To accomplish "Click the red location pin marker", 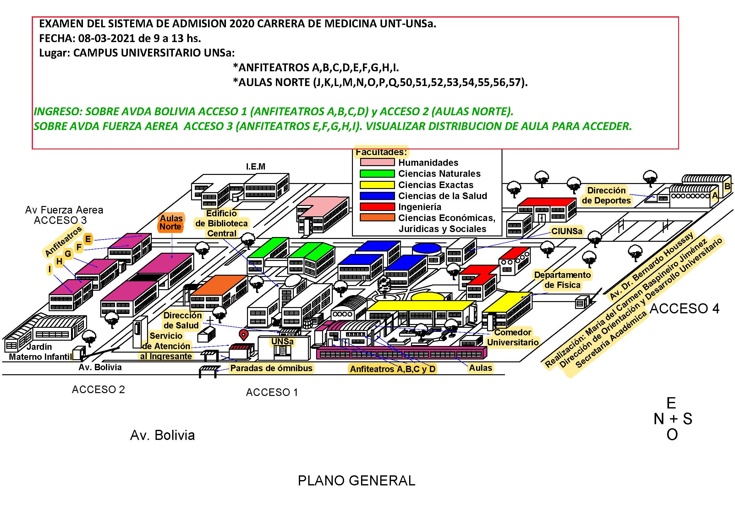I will coord(244,335).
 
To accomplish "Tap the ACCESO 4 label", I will coord(684,309).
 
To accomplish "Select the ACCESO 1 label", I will coord(272,392).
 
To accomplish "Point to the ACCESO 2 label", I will coord(98,390).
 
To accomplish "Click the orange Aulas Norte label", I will coord(171,222).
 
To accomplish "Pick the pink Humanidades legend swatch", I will coord(377,162).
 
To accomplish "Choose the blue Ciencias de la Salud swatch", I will coord(377,196).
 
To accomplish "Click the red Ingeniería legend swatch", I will coord(377,207).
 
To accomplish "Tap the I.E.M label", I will coord(255,167).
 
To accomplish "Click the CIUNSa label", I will coord(566,231).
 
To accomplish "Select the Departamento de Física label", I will coord(562,280).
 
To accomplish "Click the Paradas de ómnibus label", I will coord(271,368).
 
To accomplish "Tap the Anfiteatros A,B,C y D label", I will coord(392,369).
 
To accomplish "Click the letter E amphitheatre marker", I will coord(88,239).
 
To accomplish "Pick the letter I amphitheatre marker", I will coord(50,269).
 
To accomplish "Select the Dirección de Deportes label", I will coord(606,195).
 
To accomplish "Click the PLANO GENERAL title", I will coord(356,481).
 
